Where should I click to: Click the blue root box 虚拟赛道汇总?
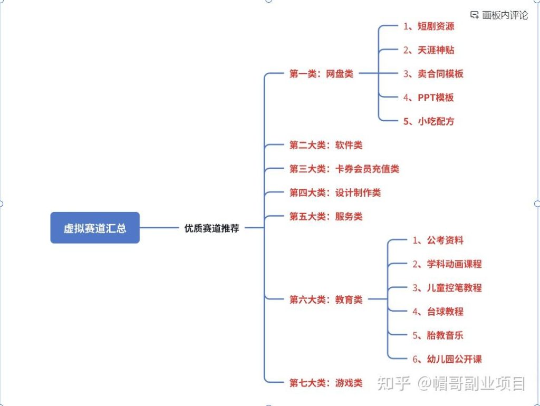pyautogui.click(x=95, y=228)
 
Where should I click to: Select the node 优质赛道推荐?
pyautogui.click(x=211, y=228)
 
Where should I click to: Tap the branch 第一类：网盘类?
pyautogui.click(x=321, y=74)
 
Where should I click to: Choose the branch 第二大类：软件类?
pyautogui.click(x=325, y=145)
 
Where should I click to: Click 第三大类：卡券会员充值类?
pyautogui.click(x=344, y=169)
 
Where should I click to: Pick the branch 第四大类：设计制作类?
pyautogui.click(x=335, y=192)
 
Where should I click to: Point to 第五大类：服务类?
pyautogui.click(x=325, y=216)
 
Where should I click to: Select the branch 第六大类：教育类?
pyautogui.click(x=325, y=299)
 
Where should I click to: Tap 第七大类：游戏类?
pyautogui.click(x=325, y=383)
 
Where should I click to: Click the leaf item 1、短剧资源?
pyautogui.click(x=428, y=26)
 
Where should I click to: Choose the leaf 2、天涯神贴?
pyautogui.click(x=428, y=50)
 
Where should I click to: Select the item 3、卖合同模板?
pyautogui.click(x=433, y=74)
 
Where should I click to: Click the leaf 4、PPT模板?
pyautogui.click(x=428, y=98)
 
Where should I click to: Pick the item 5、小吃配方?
pyautogui.click(x=428, y=121)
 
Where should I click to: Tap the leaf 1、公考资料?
pyautogui.click(x=438, y=240)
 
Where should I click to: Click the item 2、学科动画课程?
pyautogui.click(x=447, y=264)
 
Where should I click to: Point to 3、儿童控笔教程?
pyautogui.click(x=447, y=288)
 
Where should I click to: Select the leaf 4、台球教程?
pyautogui.click(x=438, y=312)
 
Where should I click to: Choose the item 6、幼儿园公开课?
pyautogui.click(x=447, y=359)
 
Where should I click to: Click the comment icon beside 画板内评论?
pyautogui.click(x=475, y=15)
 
